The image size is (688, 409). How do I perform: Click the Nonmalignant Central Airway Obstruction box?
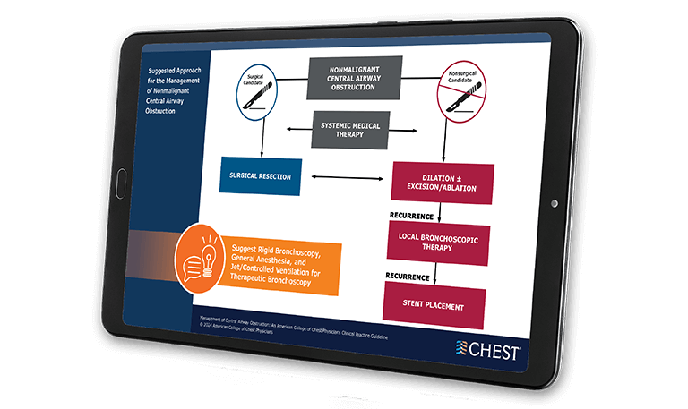click(355, 78)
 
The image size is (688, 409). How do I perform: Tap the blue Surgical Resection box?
click(260, 176)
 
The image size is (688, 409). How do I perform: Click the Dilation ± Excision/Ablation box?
click(443, 183)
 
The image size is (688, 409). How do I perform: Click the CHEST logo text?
click(492, 352)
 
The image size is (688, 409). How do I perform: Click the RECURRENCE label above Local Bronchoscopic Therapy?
click(411, 216)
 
